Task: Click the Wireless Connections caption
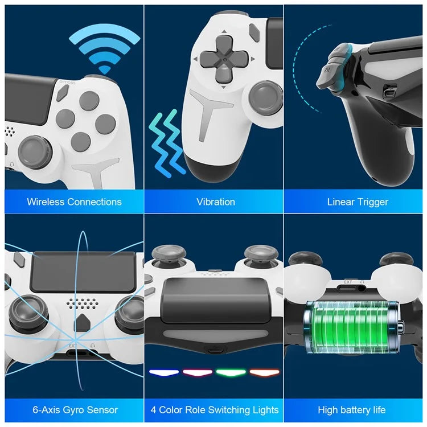tap(74, 202)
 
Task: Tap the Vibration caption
tap(216, 202)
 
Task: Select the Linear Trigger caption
tap(358, 202)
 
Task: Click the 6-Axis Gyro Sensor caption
tap(75, 410)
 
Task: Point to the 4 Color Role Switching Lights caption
tap(215, 410)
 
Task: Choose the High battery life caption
tap(351, 410)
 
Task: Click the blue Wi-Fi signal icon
tap(104, 50)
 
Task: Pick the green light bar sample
tap(231, 373)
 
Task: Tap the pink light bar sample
tap(198, 373)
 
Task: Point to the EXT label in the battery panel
tap(348, 281)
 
